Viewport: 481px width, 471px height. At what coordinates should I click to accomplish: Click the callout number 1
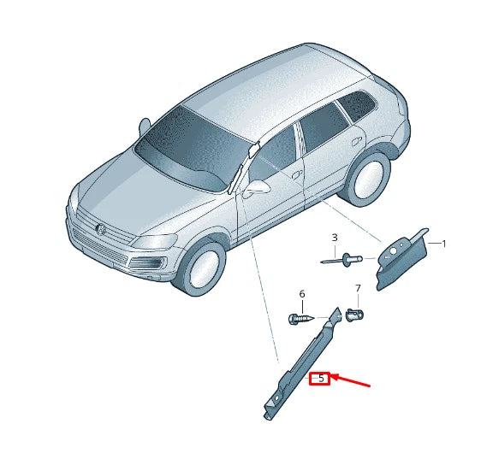pos(443,244)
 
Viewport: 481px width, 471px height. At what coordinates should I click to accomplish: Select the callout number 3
pos(334,238)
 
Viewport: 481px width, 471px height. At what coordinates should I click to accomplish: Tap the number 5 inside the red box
pos(320,378)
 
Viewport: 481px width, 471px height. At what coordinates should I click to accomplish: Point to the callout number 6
pos(301,294)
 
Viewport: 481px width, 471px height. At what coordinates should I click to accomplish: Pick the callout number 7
pos(358,289)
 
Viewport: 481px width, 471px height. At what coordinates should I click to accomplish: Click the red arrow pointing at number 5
pos(351,380)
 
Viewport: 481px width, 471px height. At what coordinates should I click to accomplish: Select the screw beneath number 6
pos(302,319)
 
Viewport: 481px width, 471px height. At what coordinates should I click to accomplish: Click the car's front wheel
pos(199,268)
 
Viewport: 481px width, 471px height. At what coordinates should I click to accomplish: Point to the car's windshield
pos(193,150)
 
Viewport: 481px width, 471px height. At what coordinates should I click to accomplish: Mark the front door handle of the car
pos(296,174)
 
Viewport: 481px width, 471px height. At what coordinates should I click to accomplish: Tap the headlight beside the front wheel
pos(154,243)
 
